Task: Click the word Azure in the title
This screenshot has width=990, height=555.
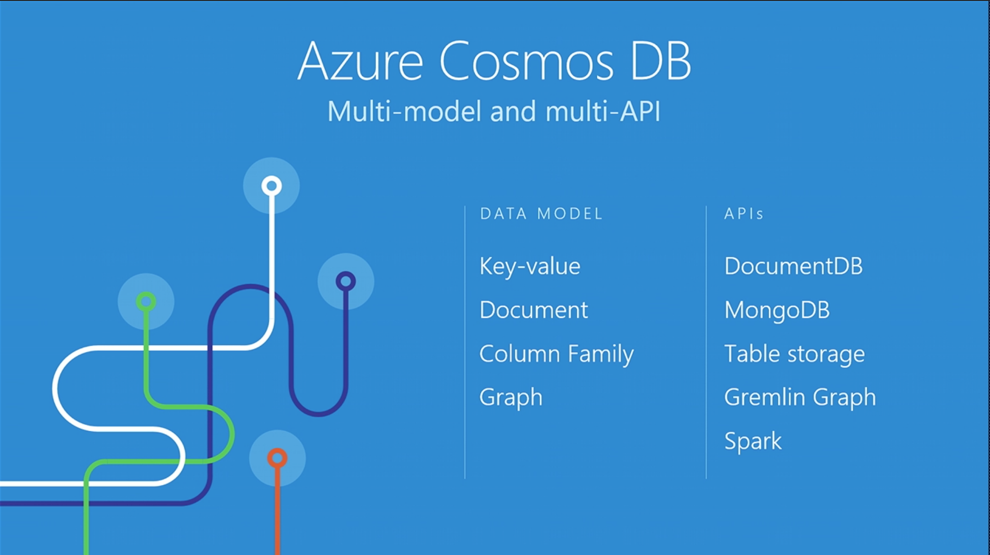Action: click(361, 61)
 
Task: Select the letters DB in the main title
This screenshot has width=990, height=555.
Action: click(661, 61)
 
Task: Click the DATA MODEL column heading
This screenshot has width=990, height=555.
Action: click(541, 214)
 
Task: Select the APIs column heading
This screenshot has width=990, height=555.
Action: click(744, 214)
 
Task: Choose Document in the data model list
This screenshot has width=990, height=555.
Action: click(534, 310)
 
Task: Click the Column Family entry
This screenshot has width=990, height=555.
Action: click(556, 354)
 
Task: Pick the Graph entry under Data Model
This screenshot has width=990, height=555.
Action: click(511, 398)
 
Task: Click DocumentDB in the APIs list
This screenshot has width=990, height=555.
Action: click(793, 266)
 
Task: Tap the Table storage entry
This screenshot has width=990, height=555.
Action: click(795, 354)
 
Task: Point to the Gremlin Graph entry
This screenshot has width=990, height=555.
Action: click(800, 398)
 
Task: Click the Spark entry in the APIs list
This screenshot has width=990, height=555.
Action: click(753, 441)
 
